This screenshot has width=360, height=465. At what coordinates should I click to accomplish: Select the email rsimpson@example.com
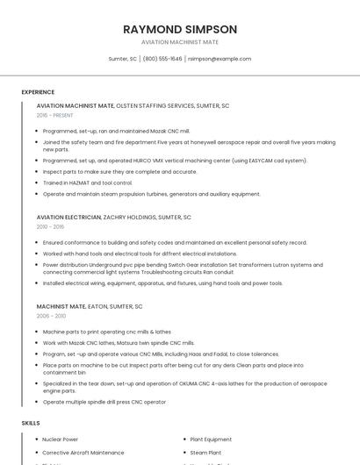pyautogui.click(x=220, y=59)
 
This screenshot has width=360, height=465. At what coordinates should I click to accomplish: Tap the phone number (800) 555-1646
pyautogui.click(x=162, y=59)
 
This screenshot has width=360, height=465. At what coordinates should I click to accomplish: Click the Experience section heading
pyautogui.click(x=38, y=91)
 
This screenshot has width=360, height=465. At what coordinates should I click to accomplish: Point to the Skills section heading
pyautogui.click(x=30, y=423)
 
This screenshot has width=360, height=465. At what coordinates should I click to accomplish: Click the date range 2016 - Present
pyautogui.click(x=54, y=115)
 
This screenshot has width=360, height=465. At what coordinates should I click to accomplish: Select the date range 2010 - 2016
pyautogui.click(x=50, y=226)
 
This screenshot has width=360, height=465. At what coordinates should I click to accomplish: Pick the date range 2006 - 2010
pyautogui.click(x=51, y=316)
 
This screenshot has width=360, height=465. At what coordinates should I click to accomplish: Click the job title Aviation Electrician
pyautogui.click(x=68, y=217)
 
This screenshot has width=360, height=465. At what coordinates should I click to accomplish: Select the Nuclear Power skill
pyautogui.click(x=60, y=439)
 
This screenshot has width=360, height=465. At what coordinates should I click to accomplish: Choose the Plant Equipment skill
pyautogui.click(x=211, y=439)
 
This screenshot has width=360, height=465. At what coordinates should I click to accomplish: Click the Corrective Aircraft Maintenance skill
pyautogui.click(x=83, y=452)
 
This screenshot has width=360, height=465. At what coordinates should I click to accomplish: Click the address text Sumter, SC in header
pyautogui.click(x=122, y=59)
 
